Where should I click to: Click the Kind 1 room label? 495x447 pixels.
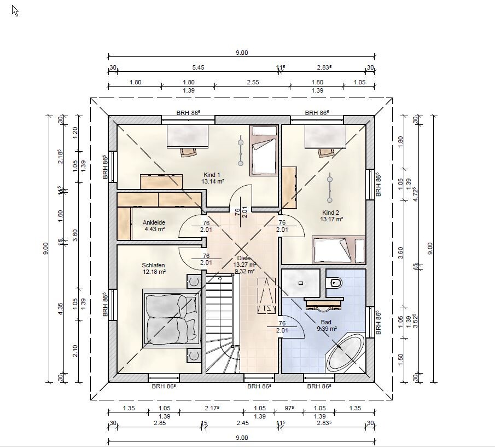point(212,175)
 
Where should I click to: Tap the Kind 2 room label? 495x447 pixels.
point(330,213)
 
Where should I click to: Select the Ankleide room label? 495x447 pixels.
point(154,222)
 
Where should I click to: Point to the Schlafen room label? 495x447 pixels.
point(154,265)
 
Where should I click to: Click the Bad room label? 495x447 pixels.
point(326,322)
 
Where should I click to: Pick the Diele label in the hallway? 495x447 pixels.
point(243,258)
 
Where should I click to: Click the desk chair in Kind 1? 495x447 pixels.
point(188,152)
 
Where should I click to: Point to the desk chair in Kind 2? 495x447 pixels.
point(325,152)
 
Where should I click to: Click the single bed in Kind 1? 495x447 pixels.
point(264,151)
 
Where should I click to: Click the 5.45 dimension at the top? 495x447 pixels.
point(198,67)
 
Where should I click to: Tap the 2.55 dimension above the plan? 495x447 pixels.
point(253,82)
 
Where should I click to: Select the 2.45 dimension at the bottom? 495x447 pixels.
point(242,423)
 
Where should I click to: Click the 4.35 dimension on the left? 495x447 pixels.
point(60,308)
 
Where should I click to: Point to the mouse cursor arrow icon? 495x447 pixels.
point(15,11)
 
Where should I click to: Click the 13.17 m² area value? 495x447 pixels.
point(331,219)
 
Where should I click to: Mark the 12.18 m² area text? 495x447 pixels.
point(154,272)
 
